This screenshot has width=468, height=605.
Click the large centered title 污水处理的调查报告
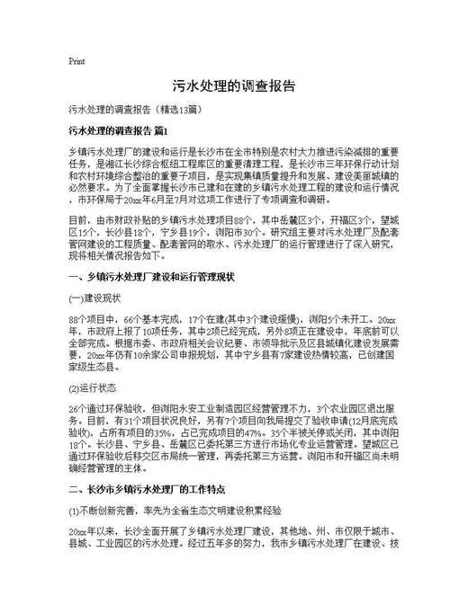(x=233, y=87)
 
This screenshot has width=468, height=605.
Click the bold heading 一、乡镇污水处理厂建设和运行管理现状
(x=151, y=278)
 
